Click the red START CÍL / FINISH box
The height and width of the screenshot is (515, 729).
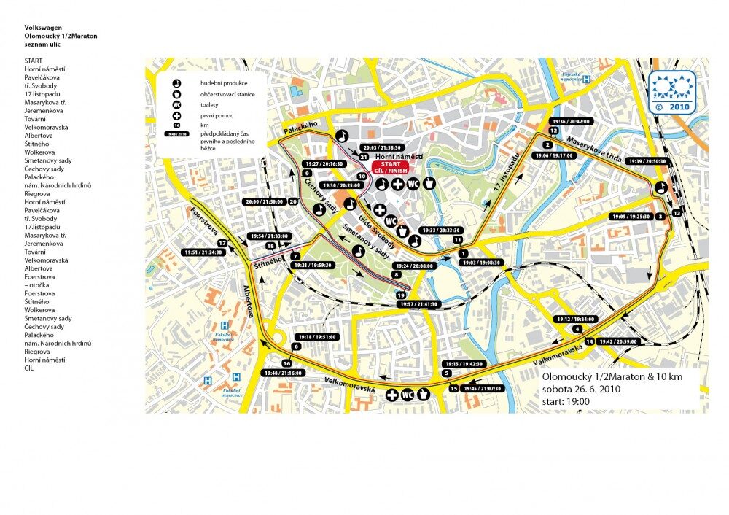[x=390, y=166]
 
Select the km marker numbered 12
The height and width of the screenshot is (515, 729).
[x=554, y=131]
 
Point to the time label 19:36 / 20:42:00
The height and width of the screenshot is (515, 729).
[x=572, y=121]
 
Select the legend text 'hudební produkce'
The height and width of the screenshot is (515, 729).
[x=224, y=83]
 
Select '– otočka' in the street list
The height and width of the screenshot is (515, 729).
[x=39, y=284]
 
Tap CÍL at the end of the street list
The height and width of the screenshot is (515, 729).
[x=29, y=368]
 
